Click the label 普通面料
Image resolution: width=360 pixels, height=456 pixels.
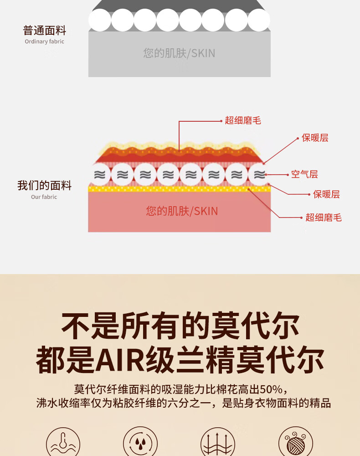[x=45, y=31]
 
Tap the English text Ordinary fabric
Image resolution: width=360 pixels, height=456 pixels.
[x=44, y=41]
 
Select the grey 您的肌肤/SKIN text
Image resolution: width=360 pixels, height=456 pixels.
[x=179, y=53]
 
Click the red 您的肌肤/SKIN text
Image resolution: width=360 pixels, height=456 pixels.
[x=182, y=211]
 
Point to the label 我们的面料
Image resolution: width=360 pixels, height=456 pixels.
[x=44, y=186]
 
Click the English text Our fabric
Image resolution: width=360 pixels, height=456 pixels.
[x=44, y=197]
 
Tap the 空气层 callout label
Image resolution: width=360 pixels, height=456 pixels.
[x=304, y=174]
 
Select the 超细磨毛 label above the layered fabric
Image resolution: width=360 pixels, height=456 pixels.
[x=243, y=120]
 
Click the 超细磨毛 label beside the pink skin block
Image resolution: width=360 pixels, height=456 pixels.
[x=323, y=218]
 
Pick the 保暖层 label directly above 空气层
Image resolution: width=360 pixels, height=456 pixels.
[x=315, y=138]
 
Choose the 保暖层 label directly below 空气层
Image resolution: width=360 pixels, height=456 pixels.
[x=326, y=194]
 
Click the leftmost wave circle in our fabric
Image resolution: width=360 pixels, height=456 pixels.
[x=99, y=174]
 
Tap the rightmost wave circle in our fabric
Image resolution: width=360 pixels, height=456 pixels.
[x=259, y=174]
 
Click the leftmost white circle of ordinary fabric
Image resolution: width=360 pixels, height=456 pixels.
[x=100, y=20]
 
